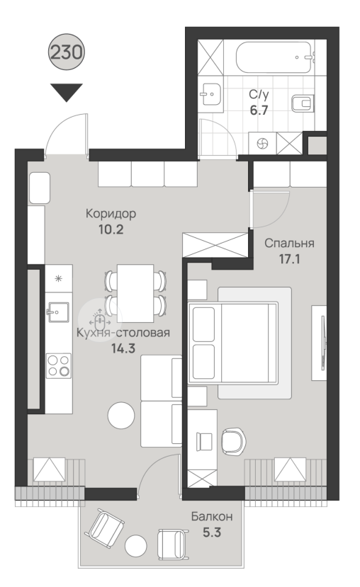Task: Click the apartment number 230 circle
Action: [x=67, y=52]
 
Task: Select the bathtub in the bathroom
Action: [x=274, y=57]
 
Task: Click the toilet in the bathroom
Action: [x=303, y=103]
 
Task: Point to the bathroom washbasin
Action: [x=210, y=94]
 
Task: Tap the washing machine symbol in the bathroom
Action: [x=263, y=143]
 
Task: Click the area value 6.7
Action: [x=259, y=110]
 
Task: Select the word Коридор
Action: [x=111, y=214]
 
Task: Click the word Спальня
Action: [x=289, y=244]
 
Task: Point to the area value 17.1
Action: [x=290, y=258]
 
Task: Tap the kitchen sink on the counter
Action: [x=57, y=312]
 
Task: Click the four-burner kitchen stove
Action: [x=59, y=366]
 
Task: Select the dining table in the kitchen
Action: [x=135, y=293]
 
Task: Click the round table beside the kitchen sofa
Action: [x=121, y=415]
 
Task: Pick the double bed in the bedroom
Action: [x=233, y=343]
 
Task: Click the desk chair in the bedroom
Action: [x=234, y=442]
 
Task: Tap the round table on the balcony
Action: [x=135, y=546]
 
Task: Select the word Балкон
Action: [x=212, y=517]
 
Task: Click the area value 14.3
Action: [x=123, y=348]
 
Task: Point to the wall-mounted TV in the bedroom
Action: [x=323, y=343]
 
